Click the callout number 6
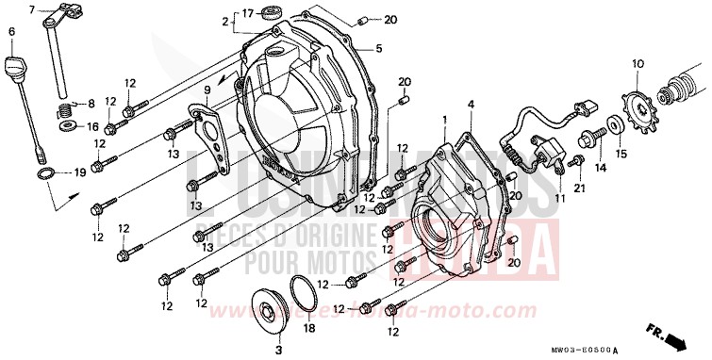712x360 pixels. pos(11,32)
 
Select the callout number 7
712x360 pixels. pos(30,9)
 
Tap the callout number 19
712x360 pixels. pos(79,172)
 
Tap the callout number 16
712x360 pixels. pos(78,125)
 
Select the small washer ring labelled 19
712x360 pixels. pos(44,175)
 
